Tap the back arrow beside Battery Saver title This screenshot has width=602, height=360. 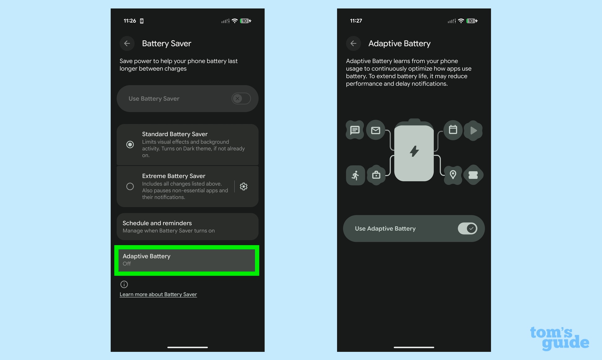click(x=127, y=44)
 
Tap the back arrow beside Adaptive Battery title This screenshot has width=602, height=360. click(x=353, y=44)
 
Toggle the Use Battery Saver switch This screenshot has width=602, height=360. click(x=241, y=99)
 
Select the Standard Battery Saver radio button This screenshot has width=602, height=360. click(x=130, y=145)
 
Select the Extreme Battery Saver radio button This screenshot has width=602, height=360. click(x=130, y=187)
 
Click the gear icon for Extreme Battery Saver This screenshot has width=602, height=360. click(x=244, y=187)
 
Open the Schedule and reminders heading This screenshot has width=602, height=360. click(x=157, y=223)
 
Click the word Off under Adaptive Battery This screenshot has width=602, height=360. click(x=127, y=264)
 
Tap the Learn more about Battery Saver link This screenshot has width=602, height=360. click(x=158, y=294)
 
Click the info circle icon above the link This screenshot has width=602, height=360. click(x=124, y=284)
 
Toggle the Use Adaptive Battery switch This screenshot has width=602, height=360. click(x=467, y=229)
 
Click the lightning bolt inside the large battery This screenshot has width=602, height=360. click(x=414, y=151)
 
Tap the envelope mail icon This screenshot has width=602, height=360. click(x=376, y=130)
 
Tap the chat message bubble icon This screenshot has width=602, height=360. click(x=355, y=130)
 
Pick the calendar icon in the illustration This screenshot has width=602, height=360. click(x=453, y=130)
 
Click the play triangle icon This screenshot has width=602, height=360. click(x=473, y=130)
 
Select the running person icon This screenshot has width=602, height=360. click(x=355, y=175)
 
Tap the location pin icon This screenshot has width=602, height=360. click(x=453, y=175)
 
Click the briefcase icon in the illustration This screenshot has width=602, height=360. click(x=376, y=175)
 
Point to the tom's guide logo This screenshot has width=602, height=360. click(x=559, y=338)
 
